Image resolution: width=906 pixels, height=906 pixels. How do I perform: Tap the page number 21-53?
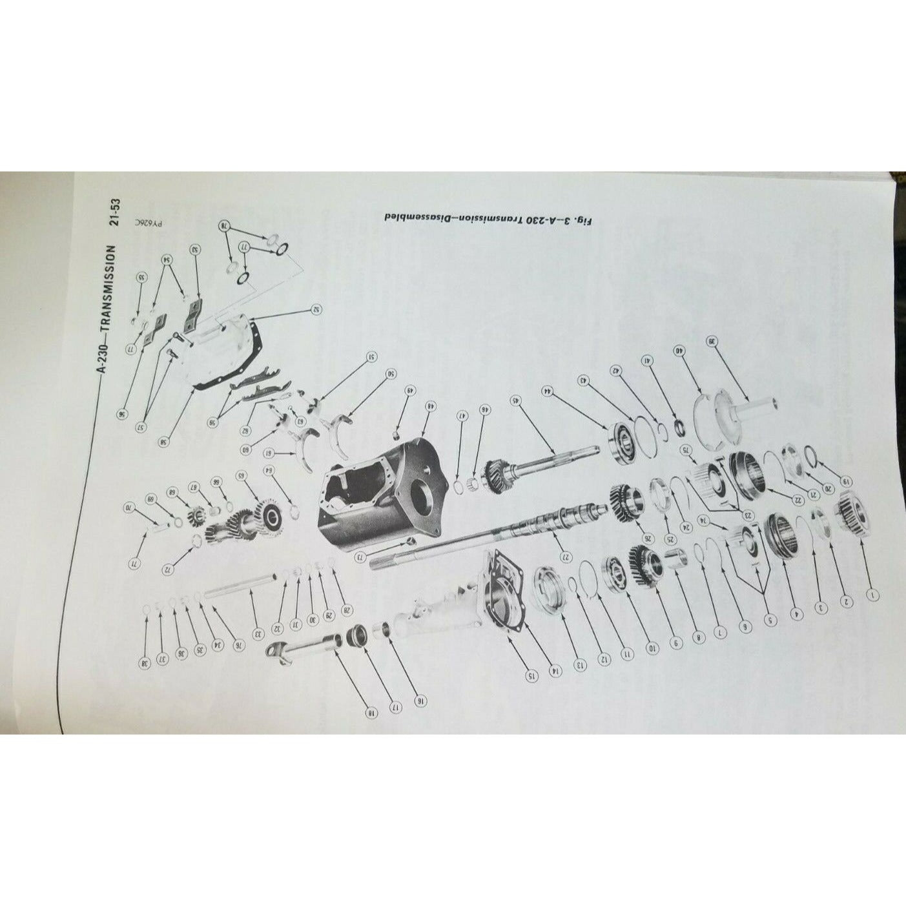point(116,215)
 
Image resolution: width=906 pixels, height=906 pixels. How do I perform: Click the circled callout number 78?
point(225,227)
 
